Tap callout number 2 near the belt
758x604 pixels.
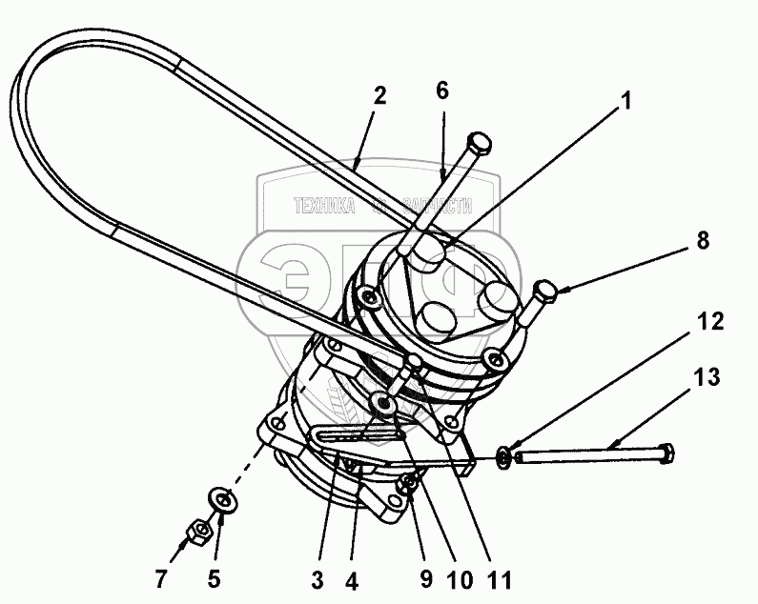click(379, 95)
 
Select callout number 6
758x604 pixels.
click(441, 91)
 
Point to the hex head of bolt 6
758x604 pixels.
click(480, 146)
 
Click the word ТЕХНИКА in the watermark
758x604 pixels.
click(325, 205)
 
